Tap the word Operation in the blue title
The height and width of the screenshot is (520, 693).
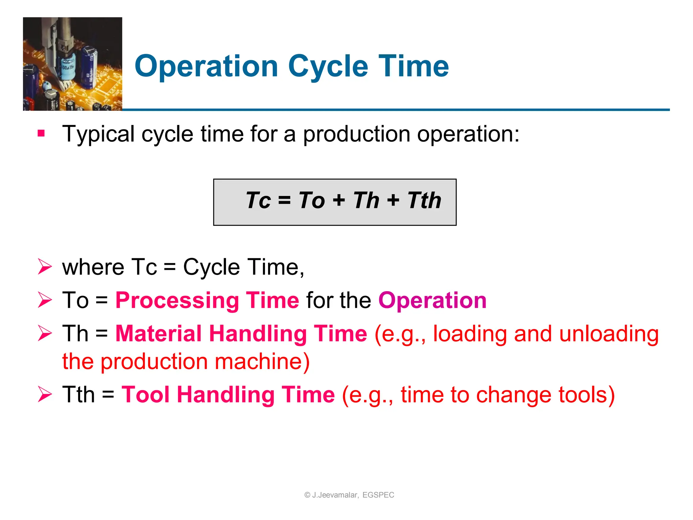tap(206, 66)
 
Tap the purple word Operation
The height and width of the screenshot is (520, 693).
tap(432, 300)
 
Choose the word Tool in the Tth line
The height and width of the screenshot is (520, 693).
tap(146, 394)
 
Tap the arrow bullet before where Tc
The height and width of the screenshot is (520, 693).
tap(45, 267)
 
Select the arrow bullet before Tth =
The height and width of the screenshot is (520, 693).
tap(45, 394)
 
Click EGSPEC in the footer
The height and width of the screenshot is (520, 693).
tap(378, 495)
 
